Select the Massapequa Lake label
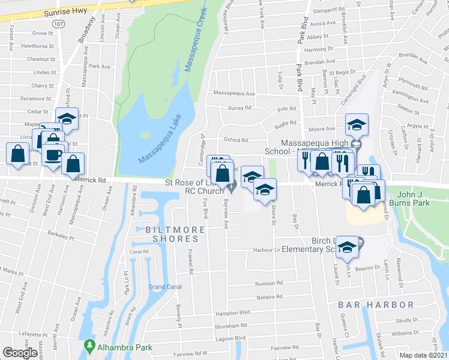158,139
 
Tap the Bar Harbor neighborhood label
367,305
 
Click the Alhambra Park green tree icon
90,346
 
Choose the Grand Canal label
165,287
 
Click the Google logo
20,353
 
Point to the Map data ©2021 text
423,355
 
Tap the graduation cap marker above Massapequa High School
357,125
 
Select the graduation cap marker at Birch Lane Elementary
347,246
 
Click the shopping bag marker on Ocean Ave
73,163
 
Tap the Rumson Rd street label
268,283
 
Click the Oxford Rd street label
236,140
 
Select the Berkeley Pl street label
62,236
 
